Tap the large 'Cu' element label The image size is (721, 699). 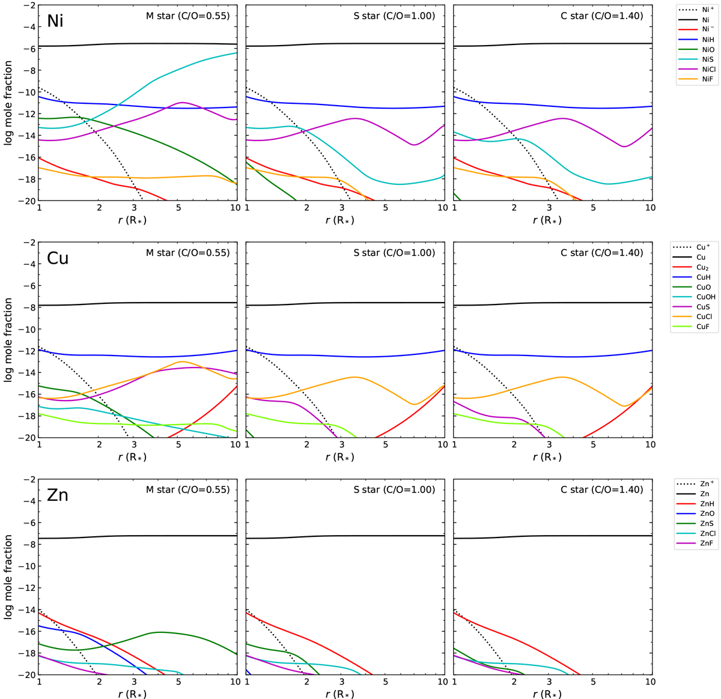coord(58,258)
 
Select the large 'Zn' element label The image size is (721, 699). coord(57,495)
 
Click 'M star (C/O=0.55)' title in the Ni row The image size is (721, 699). coord(187,16)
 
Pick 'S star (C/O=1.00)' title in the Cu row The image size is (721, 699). coord(394,253)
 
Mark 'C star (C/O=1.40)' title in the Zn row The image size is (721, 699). coord(601,489)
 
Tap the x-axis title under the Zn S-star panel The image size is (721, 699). coord(340,694)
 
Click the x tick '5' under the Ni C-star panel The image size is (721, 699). coord(593,207)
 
